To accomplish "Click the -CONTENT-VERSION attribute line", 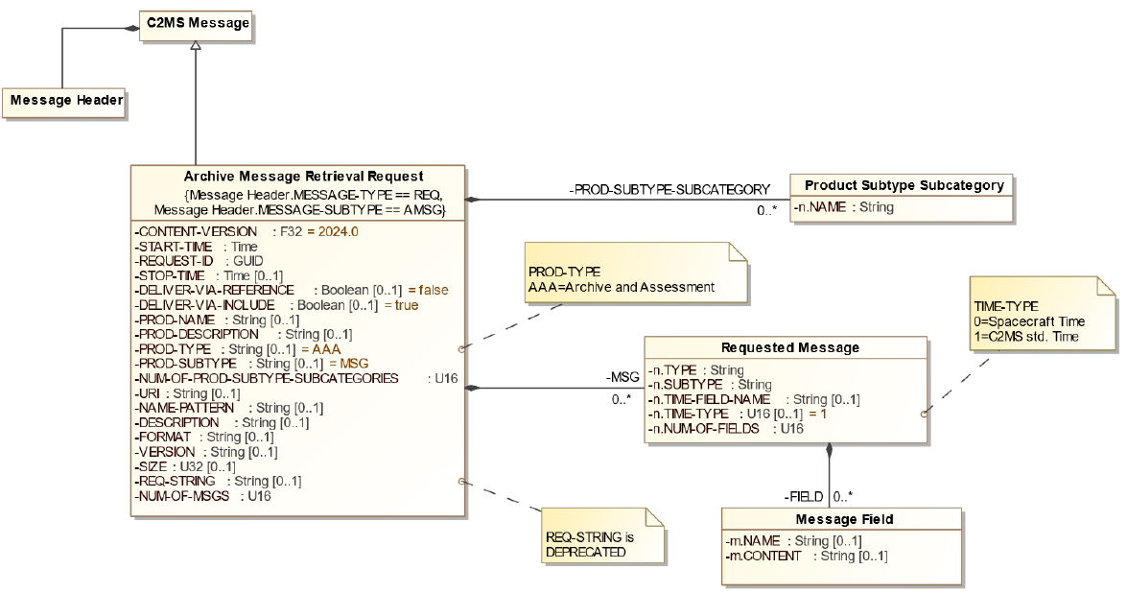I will point(246,231).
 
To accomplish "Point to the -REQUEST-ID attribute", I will point(197,260).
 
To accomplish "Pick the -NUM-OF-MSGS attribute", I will point(196,496).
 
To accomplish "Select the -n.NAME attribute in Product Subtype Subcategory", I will point(844,206).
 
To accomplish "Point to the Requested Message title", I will point(788,347).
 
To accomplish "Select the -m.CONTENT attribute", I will point(807,556).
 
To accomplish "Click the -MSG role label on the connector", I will point(622,376).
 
